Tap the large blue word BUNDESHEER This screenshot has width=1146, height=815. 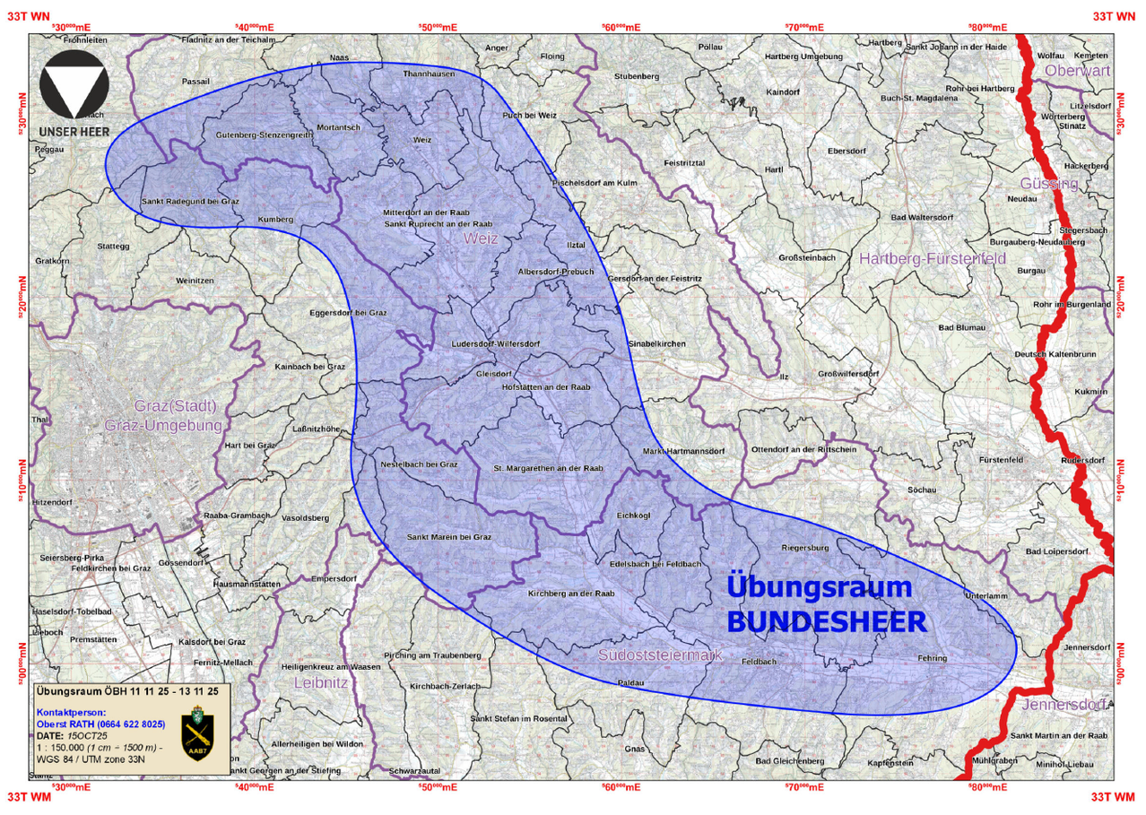coord(825,622)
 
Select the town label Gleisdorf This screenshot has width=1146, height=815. coord(493,373)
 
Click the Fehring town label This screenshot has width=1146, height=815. coord(932,658)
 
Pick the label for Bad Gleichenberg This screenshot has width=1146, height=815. coord(789,761)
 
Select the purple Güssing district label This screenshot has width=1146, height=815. coord(1048,184)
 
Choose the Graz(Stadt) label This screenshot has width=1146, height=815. coord(176,406)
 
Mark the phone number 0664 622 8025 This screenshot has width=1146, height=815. coord(126,723)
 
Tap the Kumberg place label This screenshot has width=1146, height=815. coord(275,219)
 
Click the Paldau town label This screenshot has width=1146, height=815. coord(631,683)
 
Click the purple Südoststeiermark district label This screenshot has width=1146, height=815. coord(660,655)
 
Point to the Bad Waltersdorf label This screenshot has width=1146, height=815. coord(921,217)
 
